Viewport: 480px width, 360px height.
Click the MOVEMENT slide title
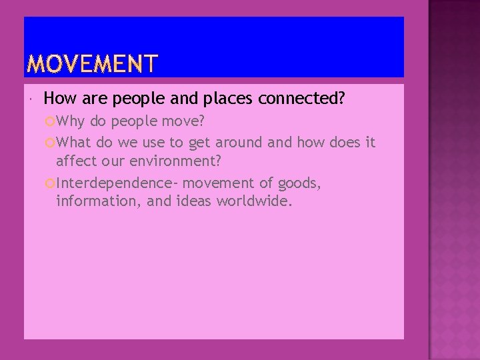93,64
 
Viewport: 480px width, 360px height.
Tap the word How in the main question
58,99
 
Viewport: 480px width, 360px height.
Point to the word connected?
301,99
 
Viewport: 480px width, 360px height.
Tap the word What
73,142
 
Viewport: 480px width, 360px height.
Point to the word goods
299,183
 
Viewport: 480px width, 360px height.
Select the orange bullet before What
50,143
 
